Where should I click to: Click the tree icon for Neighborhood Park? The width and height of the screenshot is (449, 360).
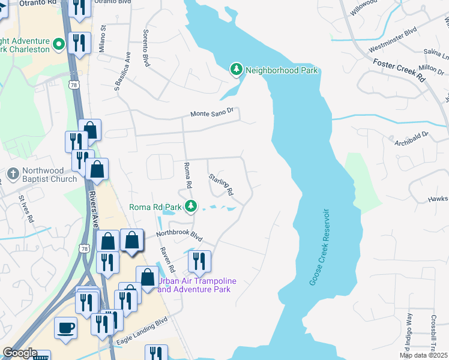pos(237,70)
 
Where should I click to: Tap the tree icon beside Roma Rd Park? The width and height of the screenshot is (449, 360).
pos(191,207)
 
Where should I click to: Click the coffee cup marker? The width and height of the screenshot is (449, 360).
pos(65,328)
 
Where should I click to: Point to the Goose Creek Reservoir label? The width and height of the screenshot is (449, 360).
pos(319,247)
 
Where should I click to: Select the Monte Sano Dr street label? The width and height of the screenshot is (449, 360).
pos(215,113)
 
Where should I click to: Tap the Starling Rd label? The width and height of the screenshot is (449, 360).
pos(221,185)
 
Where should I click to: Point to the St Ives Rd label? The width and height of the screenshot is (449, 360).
pos(25,208)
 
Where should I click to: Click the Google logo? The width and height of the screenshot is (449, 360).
pos(19,353)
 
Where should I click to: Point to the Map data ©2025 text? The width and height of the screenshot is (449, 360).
pos(424,355)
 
